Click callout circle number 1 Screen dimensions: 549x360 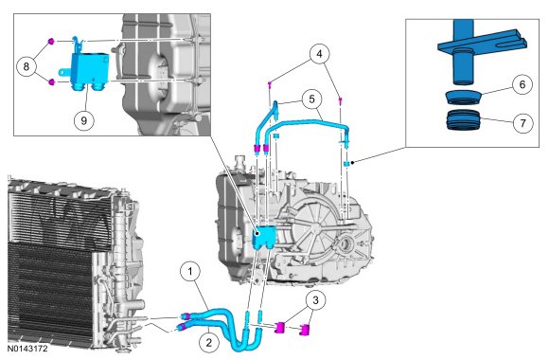point(190,272)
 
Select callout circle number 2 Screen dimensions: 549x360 point(209,342)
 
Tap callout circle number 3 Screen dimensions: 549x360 point(315,300)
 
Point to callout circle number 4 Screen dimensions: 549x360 point(319,54)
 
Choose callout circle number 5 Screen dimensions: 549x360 point(312,99)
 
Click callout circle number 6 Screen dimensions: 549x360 point(522,85)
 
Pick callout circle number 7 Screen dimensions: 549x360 point(522,123)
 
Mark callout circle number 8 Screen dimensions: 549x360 point(27,66)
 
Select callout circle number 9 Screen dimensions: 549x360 point(84,121)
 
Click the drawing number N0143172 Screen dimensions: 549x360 point(27,350)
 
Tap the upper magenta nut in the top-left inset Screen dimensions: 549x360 point(51,42)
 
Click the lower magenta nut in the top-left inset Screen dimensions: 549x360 point(52,82)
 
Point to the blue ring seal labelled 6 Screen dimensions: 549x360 point(463,97)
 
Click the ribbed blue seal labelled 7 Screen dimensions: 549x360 point(463,120)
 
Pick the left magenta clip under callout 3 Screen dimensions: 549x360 point(280,328)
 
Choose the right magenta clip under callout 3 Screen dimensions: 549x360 point(305,330)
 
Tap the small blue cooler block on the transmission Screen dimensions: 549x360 point(264,237)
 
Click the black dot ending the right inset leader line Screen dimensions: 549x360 point(352,162)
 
